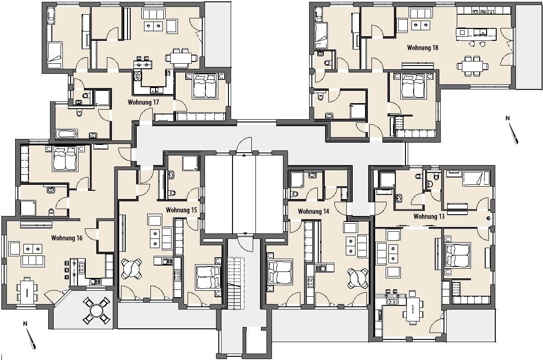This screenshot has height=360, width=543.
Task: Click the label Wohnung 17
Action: [144, 102]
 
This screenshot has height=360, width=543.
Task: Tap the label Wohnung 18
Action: [422, 47]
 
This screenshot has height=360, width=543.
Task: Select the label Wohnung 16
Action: [67, 238]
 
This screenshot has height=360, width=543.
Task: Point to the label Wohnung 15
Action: [182, 210]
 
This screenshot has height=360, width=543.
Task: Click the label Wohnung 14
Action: [313, 211]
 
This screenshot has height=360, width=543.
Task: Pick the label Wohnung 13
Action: [429, 216]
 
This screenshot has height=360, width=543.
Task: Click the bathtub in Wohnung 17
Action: [67, 134]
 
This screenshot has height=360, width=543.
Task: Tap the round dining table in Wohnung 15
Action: [131, 269]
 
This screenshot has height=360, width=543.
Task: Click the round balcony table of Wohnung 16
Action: [96, 310]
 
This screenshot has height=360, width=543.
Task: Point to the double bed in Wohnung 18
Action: [413, 86]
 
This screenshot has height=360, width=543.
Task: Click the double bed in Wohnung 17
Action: [205, 86]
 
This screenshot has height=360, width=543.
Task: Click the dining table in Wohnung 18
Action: [472, 66]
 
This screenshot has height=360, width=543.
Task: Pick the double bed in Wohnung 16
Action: [65, 159]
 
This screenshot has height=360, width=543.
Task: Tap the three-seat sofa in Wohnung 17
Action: [153, 14]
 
